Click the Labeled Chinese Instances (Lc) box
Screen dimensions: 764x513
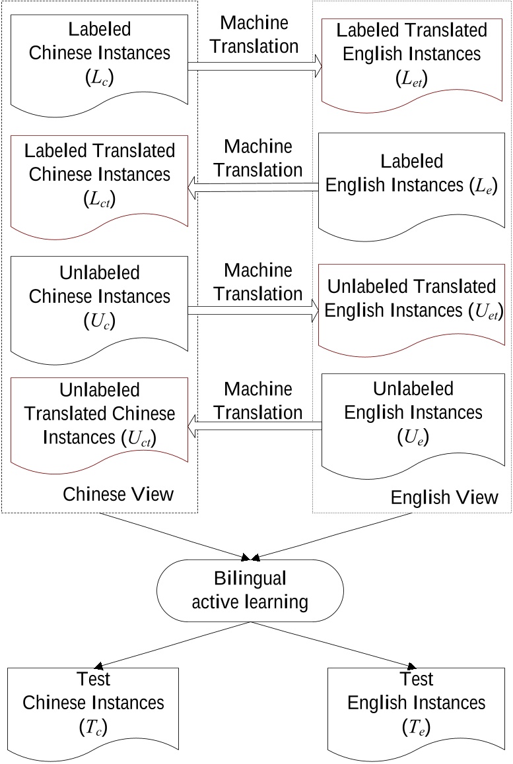click(99, 59)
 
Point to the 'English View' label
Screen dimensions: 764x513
click(444, 496)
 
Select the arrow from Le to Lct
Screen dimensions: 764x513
click(254, 190)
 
